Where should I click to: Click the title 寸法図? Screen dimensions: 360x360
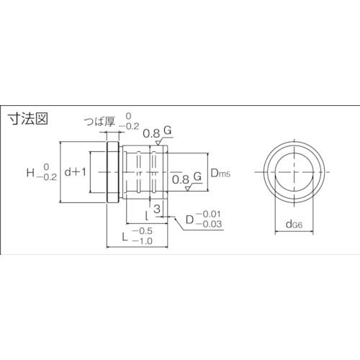tap(27, 120)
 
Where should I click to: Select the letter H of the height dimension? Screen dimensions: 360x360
tap(30, 172)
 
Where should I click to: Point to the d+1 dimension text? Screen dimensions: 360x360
tap(76, 172)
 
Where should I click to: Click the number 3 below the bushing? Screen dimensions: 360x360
tap(158, 208)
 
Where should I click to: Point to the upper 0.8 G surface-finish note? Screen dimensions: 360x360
tap(157, 132)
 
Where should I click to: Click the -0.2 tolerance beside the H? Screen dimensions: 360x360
tap(46, 177)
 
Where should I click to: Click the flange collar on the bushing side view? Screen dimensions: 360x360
tap(112, 173)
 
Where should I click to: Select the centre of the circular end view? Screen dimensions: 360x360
tap(293, 173)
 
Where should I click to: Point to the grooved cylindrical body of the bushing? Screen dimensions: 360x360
tap(148, 173)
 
